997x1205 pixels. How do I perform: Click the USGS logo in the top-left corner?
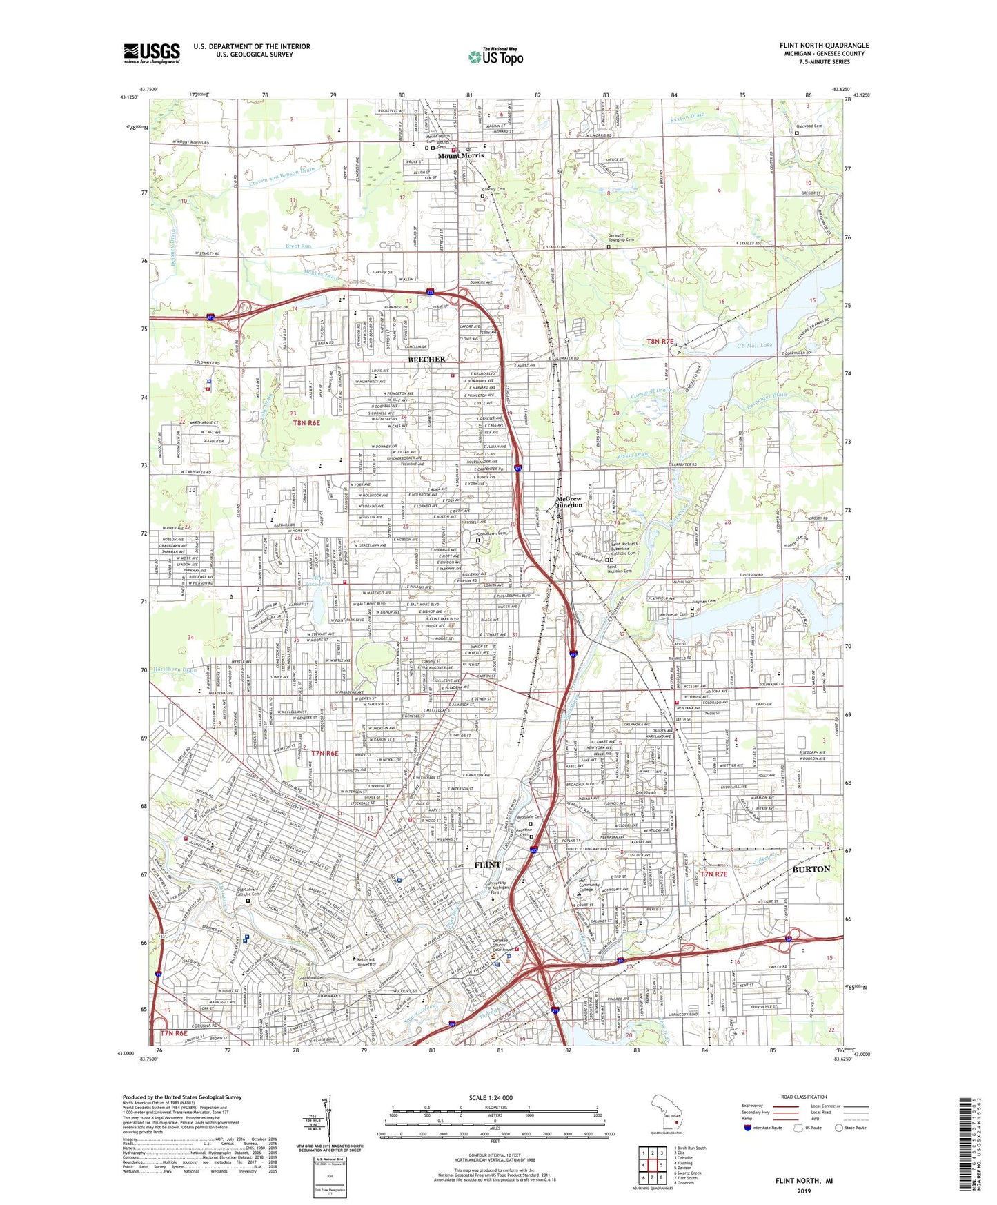tap(152, 52)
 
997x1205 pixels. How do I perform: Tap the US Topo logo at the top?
tap(495, 57)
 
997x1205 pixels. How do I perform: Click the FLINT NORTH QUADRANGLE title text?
tap(824, 46)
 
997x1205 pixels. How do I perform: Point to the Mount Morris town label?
tap(461, 155)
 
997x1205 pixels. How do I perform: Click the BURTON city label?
tap(811, 869)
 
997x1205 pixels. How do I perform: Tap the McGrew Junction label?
tap(569, 502)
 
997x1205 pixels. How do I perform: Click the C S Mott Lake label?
tap(754, 345)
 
